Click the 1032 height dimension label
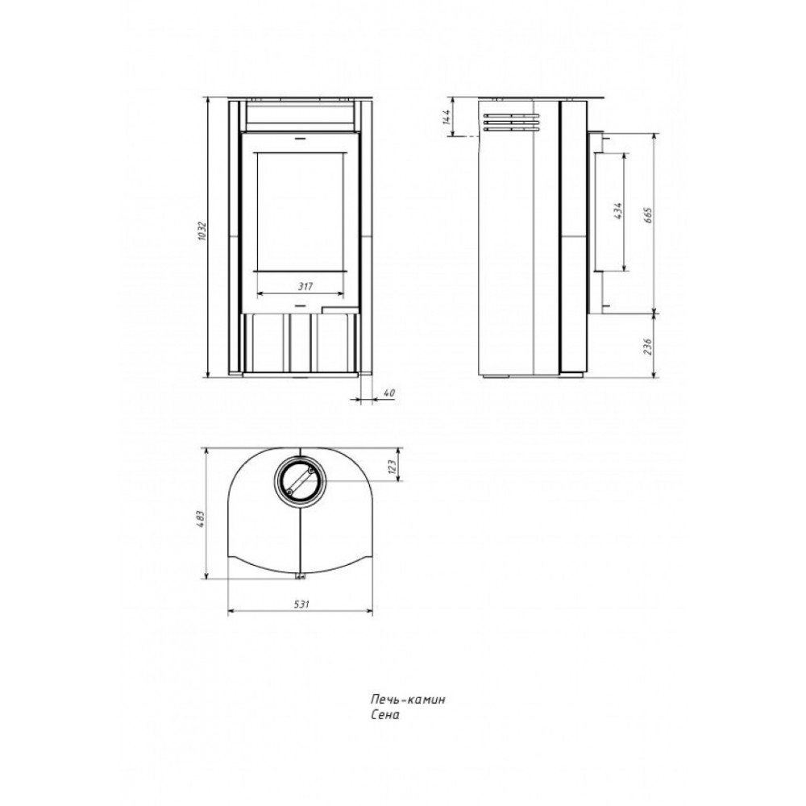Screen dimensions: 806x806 [x=201, y=232]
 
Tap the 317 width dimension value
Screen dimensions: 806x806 [x=305, y=287]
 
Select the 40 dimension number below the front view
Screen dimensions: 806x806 [x=389, y=393]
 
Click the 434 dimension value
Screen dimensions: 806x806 [x=618, y=210]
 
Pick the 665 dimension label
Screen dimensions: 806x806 [x=648, y=215]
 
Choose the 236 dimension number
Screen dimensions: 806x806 [x=648, y=347]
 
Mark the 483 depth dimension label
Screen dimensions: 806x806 [x=201, y=519]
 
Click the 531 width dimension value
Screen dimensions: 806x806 [x=301, y=604]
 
